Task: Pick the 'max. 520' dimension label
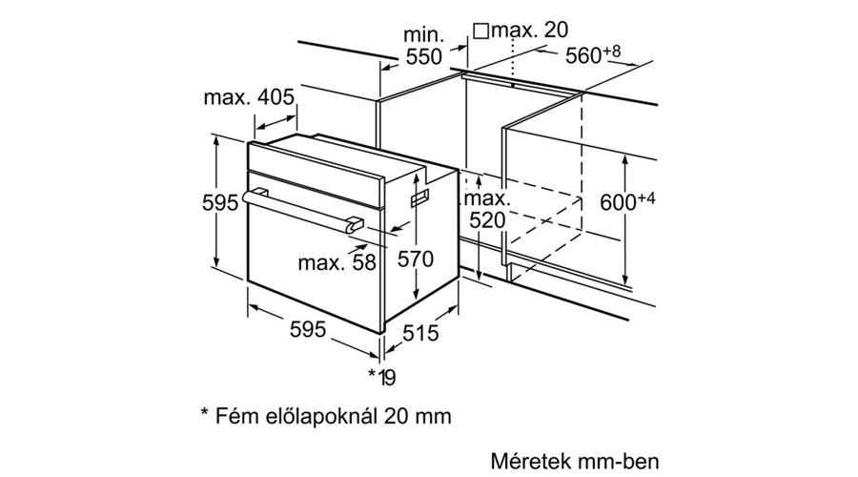(x=487, y=211)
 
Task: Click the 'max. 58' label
(x=337, y=261)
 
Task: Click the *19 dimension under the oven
(x=382, y=378)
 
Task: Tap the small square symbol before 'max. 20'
(x=480, y=31)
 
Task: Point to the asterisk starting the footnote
(x=204, y=415)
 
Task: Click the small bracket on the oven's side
(x=420, y=197)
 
